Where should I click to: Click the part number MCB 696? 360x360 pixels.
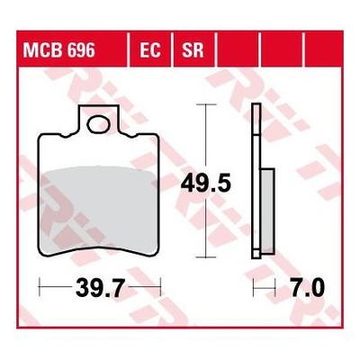click(59, 50)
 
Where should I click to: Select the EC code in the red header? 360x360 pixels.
click(150, 50)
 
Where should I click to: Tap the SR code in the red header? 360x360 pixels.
click(193, 50)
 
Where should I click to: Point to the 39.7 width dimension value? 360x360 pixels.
click(100, 287)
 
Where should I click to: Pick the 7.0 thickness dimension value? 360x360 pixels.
click(307, 287)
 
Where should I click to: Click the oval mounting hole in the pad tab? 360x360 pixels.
click(98, 126)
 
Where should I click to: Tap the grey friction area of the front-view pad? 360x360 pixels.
click(98, 210)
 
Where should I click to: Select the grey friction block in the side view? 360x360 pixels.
click(267, 210)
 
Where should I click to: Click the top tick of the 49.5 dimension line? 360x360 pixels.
click(206, 104)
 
